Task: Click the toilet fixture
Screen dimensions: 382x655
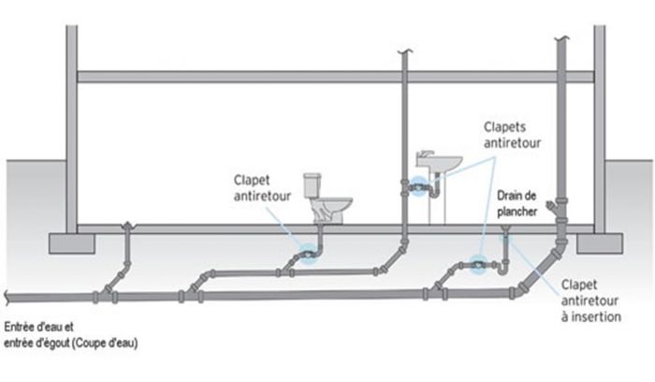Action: coord(327,200)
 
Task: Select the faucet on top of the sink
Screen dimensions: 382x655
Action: coord(427,153)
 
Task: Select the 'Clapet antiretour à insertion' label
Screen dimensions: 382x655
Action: coord(589,297)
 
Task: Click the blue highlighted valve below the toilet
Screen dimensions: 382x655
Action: coord(307,252)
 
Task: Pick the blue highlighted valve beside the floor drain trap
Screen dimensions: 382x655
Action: coord(479,265)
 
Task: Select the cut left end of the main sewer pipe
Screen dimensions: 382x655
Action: coord(6,298)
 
